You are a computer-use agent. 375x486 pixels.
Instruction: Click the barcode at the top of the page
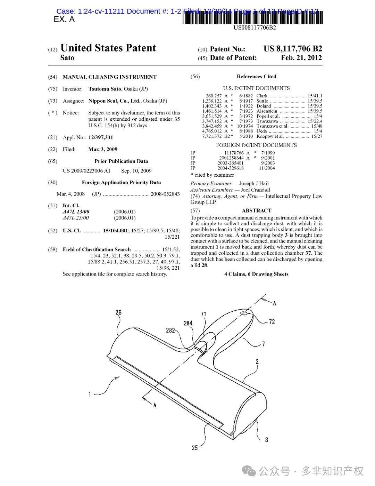[x=252, y=17]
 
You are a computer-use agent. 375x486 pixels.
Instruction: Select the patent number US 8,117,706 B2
[x=293, y=49]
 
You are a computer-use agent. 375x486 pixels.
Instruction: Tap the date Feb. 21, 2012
[x=301, y=58]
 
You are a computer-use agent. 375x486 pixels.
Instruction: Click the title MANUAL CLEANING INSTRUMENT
[x=109, y=77]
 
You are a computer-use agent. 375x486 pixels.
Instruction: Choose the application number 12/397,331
[x=101, y=137]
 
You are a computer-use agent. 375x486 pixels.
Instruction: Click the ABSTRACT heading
[x=256, y=210]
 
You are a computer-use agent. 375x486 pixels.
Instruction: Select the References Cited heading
[x=256, y=77]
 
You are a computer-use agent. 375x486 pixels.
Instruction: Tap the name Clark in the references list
[x=262, y=96]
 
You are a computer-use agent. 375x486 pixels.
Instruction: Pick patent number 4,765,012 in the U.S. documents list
[x=212, y=131]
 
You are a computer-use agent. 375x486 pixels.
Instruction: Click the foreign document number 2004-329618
[x=231, y=168]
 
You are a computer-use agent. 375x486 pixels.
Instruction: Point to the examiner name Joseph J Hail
[x=254, y=183]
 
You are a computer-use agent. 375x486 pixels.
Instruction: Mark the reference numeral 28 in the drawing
[x=118, y=312]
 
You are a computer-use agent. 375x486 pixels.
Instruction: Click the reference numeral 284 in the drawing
[x=188, y=323]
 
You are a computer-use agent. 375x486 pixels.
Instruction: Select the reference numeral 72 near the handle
[x=272, y=322]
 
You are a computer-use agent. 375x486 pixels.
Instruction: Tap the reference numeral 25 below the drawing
[x=195, y=448]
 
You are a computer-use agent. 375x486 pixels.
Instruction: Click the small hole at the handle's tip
[x=244, y=313]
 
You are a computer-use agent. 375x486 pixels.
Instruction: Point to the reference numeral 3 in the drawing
[x=267, y=440]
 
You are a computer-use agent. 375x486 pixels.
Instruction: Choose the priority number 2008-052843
[x=165, y=194]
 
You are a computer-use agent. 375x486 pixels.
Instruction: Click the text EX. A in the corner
[x=64, y=19]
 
